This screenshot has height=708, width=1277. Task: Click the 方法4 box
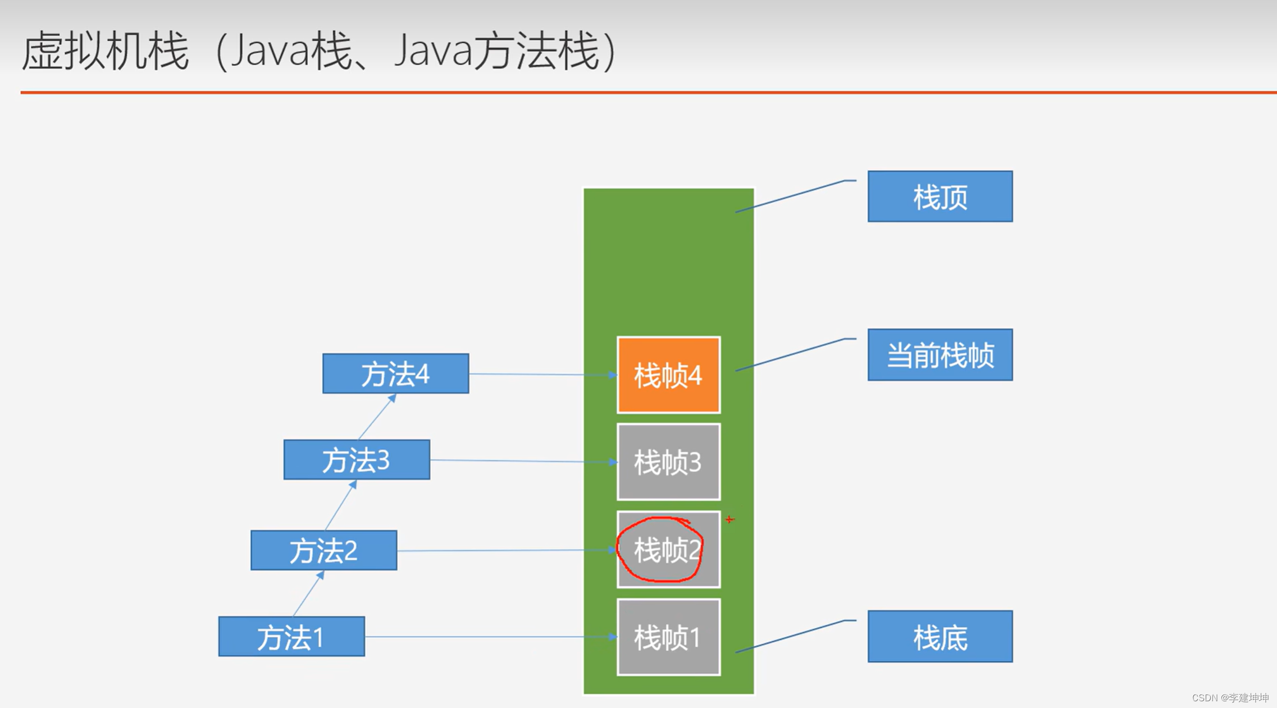pos(395,373)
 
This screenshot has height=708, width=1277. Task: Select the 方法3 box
pos(357,460)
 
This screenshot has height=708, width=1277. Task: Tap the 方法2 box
pos(323,550)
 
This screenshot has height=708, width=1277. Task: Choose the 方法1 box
pos(291,636)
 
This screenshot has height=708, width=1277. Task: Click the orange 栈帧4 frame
pos(668,375)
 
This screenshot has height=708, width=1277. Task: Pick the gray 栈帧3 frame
pos(668,462)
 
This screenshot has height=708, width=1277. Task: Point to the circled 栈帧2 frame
pos(668,550)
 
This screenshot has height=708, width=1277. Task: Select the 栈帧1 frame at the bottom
pos(668,637)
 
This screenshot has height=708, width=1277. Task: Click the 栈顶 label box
pos(940,197)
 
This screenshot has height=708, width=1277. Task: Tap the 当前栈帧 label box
pos(940,355)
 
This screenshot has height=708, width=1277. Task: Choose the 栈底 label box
pos(940,637)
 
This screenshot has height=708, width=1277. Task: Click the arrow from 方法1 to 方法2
pos(308,593)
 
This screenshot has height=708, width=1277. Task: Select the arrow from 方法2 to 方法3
pos(341,505)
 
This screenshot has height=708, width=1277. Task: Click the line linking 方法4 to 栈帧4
pos(542,374)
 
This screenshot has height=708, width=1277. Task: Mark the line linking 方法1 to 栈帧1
pos(489,637)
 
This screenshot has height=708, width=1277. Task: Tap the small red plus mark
pos(729,519)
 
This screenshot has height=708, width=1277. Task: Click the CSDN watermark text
pos(1230,698)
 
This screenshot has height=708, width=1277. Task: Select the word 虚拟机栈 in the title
pos(105,51)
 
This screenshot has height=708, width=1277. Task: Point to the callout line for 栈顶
pos(792,196)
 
